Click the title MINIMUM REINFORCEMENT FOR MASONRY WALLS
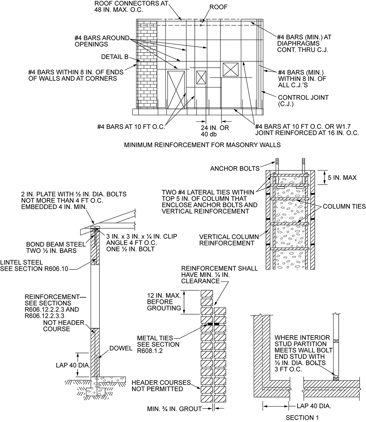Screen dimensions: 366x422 click(202, 145)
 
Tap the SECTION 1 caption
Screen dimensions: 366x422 click(302, 418)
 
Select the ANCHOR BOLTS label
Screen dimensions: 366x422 click(235, 168)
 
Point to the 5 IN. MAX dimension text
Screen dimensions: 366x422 click(342, 177)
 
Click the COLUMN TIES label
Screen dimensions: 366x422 click(344, 206)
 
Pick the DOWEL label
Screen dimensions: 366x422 click(121, 348)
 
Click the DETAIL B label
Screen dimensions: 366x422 click(115, 57)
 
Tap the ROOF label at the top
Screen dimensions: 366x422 click(218, 7)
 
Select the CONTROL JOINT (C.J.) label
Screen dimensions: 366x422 click(303, 101)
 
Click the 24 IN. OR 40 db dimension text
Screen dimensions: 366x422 click(215, 131)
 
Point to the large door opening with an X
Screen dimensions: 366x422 click(176, 90)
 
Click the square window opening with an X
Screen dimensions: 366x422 click(231, 70)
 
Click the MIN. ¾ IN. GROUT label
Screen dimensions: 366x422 click(174, 409)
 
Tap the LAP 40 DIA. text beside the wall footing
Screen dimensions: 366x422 click(73, 365)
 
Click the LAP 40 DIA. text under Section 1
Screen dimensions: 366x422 click(314, 406)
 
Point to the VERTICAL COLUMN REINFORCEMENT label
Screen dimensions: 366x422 click(229, 240)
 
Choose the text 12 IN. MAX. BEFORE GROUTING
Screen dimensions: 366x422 click(164, 301)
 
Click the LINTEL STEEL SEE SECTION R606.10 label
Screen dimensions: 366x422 click(34, 265)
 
